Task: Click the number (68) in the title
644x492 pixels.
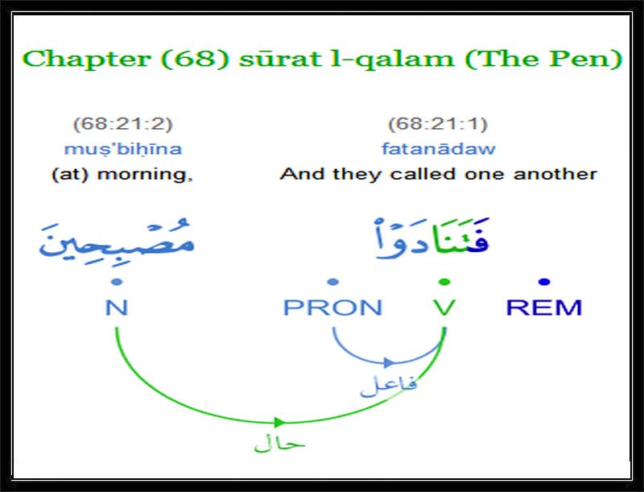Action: (195, 58)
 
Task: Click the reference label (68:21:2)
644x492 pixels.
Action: (122, 124)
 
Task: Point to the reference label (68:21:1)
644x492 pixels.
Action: (438, 124)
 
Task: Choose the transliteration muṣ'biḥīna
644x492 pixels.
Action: (123, 149)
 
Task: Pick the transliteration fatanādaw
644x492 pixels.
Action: (438, 148)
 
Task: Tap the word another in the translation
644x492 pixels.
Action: (555, 174)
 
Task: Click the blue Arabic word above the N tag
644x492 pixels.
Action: (117, 239)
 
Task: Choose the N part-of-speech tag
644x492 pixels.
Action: (117, 308)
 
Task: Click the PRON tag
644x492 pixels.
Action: (333, 308)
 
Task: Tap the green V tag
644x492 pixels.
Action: (444, 308)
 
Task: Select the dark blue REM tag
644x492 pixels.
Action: (544, 308)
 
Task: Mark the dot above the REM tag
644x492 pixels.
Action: (544, 282)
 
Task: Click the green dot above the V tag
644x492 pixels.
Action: (444, 282)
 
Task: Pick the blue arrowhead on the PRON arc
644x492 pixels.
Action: (389, 362)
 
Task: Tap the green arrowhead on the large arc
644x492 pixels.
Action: (279, 422)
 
